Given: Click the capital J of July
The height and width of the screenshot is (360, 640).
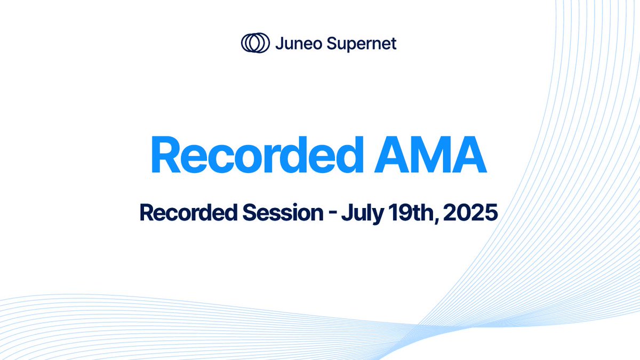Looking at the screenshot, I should [x=346, y=213].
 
